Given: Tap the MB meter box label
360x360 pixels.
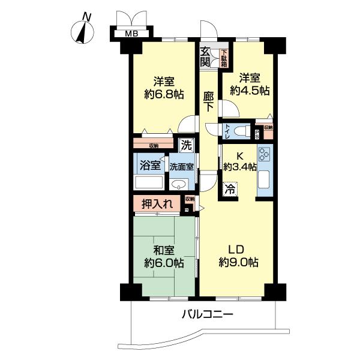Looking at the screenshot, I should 131,34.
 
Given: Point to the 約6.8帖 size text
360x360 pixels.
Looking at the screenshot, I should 163,94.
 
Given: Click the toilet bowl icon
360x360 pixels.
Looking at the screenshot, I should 242,131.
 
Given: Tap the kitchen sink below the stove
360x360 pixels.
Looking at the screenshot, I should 265,179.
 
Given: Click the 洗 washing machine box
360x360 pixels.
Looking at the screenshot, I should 186,145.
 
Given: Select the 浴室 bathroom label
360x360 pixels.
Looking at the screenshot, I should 149,165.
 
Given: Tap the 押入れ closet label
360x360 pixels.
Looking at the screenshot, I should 157,205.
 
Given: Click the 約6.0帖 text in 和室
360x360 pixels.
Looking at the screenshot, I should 164,263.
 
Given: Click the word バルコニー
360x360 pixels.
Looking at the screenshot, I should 206,314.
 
